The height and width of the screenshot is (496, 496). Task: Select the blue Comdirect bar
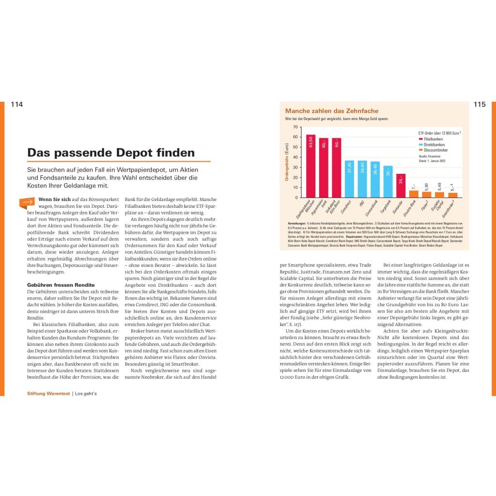(x=349, y=179)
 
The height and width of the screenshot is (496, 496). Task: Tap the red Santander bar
(x=401, y=186)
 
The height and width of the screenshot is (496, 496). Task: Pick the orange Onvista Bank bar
(x=414, y=194)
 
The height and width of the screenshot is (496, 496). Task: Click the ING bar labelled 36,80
(x=362, y=179)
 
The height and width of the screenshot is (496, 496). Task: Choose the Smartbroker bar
(x=452, y=195)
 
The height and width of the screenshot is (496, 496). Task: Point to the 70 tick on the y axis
(x=295, y=127)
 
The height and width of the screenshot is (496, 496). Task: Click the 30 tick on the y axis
(x=295, y=168)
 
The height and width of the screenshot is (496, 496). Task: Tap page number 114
(x=17, y=105)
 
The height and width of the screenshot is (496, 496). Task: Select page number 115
(x=479, y=105)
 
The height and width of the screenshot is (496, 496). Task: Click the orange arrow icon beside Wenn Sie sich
(x=27, y=201)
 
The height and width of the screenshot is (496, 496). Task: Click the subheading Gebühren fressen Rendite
(x=61, y=285)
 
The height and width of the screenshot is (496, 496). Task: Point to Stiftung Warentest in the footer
(x=48, y=394)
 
